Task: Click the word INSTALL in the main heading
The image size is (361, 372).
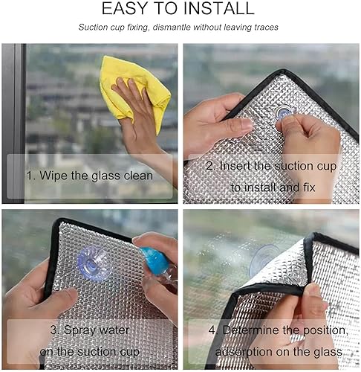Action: click(219, 8)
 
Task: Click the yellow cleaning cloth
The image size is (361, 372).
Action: click(135, 92)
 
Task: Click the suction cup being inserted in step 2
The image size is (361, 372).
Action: click(284, 112)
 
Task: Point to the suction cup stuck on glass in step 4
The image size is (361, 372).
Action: click(264, 260)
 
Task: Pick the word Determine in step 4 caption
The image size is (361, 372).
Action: click(251, 330)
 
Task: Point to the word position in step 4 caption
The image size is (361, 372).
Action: click(326, 331)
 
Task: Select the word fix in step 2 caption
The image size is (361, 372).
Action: click(309, 187)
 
